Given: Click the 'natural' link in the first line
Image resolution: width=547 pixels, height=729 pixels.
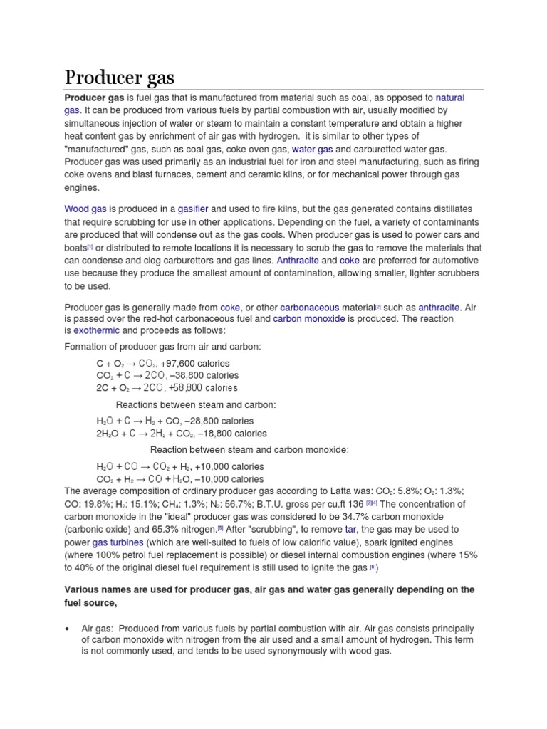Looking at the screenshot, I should [x=449, y=98].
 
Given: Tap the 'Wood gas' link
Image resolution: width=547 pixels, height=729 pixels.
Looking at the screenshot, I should [x=85, y=209].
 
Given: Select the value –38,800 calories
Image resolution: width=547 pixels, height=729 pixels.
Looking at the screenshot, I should [x=206, y=375].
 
